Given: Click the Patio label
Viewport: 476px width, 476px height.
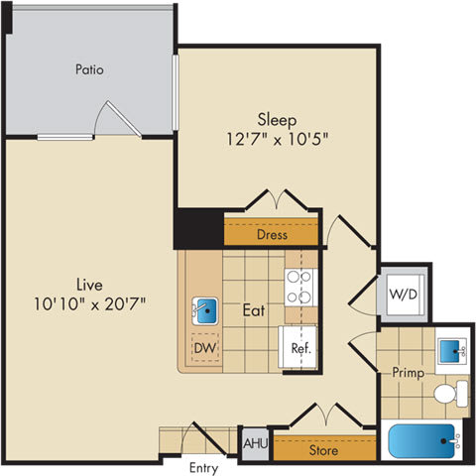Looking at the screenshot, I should click(90, 70).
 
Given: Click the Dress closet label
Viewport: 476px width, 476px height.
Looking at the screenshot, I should click(272, 236).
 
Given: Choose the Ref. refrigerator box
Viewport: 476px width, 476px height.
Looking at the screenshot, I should click(300, 349).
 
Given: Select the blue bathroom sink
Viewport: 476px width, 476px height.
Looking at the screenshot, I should click(453, 350).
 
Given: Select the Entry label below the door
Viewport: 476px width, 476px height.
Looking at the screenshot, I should click(205, 467).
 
